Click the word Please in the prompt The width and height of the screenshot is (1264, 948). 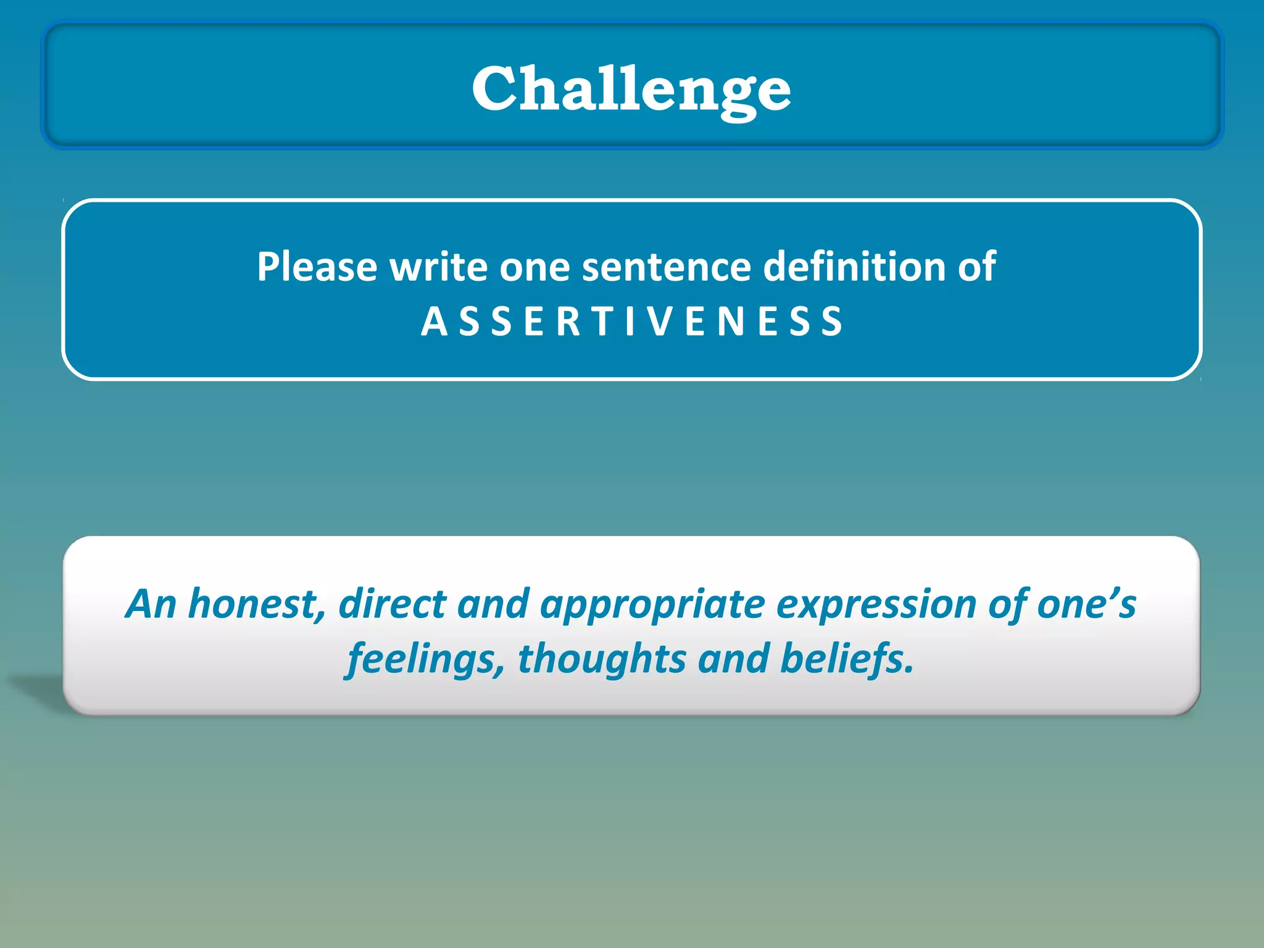pos(317,267)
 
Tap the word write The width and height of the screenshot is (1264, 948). pos(438,267)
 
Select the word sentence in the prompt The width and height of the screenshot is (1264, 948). pos(667,267)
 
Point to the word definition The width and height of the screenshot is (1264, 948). pos(854,267)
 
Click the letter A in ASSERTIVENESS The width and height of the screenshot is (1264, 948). pos(434,322)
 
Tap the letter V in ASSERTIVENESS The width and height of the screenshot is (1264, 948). pos(660,322)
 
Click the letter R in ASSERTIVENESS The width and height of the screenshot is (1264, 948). pos(568,322)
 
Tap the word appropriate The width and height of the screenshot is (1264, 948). pos(652,605)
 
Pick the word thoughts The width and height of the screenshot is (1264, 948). pos(602,659)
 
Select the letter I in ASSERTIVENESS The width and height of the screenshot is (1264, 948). pos(630,322)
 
